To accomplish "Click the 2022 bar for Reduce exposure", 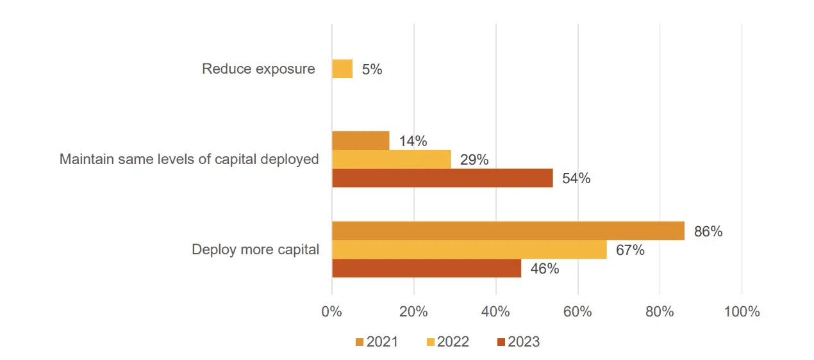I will click(x=342, y=69).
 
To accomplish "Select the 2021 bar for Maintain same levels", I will click(x=361, y=140).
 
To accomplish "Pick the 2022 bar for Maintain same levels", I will click(x=392, y=160).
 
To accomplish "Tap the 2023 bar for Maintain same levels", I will click(x=442, y=178).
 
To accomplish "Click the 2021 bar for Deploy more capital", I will click(x=508, y=231).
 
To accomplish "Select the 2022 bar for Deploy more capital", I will click(x=469, y=250).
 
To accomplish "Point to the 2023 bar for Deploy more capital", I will click(x=426, y=268).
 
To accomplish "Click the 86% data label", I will click(x=708, y=232).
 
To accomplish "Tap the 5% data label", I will click(x=372, y=70).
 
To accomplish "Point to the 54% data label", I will click(x=576, y=179).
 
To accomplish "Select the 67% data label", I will click(x=630, y=250).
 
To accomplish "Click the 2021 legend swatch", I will click(x=360, y=342).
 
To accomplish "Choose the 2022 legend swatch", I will click(x=429, y=342).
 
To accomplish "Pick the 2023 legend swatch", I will click(x=501, y=342).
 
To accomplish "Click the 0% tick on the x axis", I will click(x=331, y=312).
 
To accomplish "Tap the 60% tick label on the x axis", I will click(x=577, y=312).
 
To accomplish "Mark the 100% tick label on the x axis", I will click(x=742, y=312).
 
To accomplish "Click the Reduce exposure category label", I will click(x=258, y=69).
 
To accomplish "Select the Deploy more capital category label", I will click(x=255, y=250).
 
